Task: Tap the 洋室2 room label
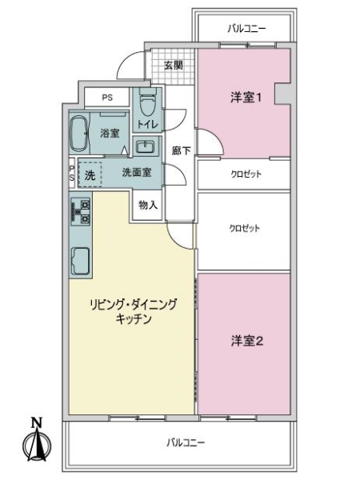pos(247,341)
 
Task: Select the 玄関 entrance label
pos(172,66)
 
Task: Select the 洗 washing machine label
pos(90,172)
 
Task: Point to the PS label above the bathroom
pos(107,97)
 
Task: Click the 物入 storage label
pos(148,204)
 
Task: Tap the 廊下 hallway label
pos(181,150)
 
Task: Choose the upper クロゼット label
pos(246,174)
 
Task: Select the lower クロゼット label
pos(246,227)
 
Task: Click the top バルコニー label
pos(246,29)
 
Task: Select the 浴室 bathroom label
pos(110,134)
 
